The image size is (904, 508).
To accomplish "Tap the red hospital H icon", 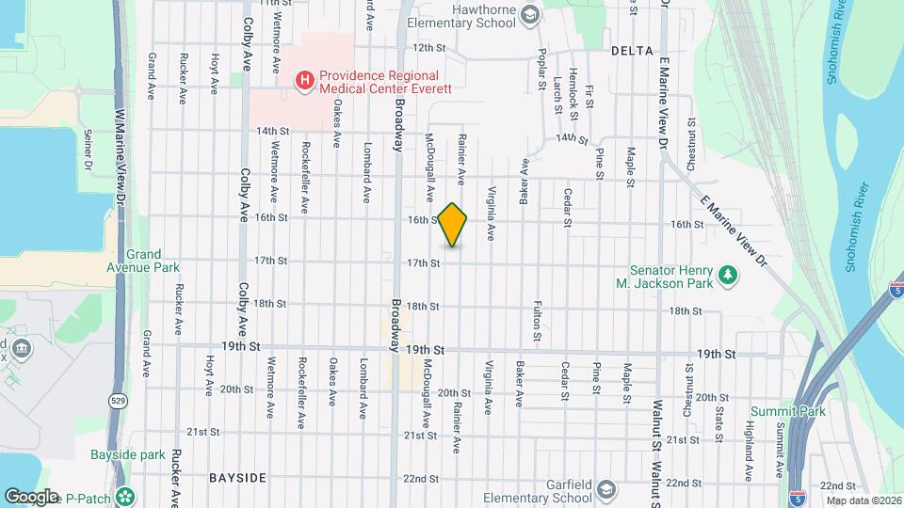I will point(304,81).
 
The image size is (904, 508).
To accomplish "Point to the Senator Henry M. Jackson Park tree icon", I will point(727,275).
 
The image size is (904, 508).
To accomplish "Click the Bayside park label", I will point(128,455).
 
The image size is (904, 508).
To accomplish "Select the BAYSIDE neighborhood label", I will point(237,478).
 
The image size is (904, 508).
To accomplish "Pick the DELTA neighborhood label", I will point(631,49).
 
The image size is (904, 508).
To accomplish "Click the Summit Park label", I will point(800,411).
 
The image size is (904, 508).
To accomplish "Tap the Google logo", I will point(31,496).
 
